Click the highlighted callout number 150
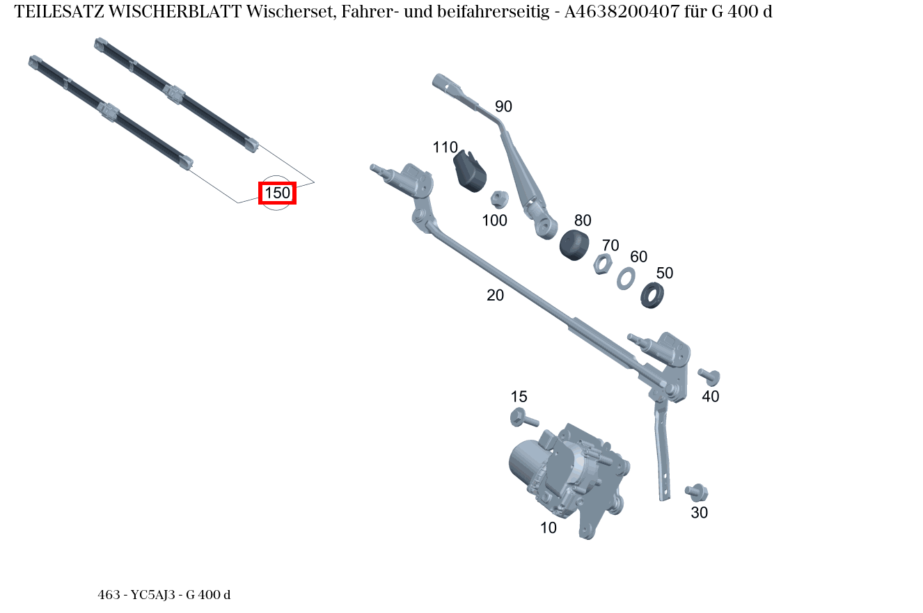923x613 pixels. [277, 193]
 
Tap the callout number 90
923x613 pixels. [503, 106]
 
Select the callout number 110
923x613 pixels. [445, 148]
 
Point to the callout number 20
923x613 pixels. [495, 295]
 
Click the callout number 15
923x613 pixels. [519, 397]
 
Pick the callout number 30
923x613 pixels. [699, 513]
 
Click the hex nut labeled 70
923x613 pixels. [603, 264]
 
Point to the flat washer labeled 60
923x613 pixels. [626, 278]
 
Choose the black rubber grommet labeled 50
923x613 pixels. [652, 295]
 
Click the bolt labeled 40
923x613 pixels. [709, 377]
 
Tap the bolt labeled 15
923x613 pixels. [523, 418]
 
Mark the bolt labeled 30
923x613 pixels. [696, 492]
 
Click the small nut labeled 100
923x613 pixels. [498, 200]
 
